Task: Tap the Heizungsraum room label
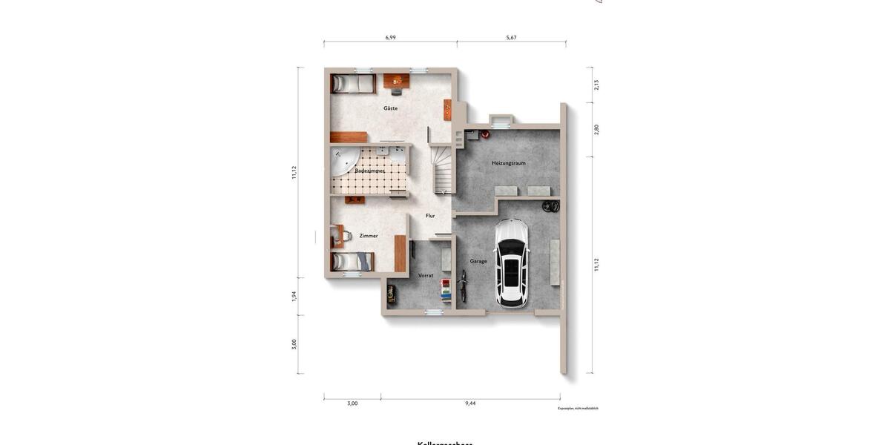pyautogui.click(x=508, y=163)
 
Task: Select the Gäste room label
pyautogui.click(x=390, y=108)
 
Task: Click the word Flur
pyautogui.click(x=430, y=216)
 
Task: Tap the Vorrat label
pyautogui.click(x=426, y=275)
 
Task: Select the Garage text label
pyautogui.click(x=478, y=261)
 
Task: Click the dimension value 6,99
pyautogui.click(x=390, y=37)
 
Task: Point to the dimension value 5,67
pyautogui.click(x=511, y=37)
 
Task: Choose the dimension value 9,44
pyautogui.click(x=470, y=403)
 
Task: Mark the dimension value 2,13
pyautogui.click(x=596, y=85)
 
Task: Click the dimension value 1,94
pyautogui.click(x=294, y=296)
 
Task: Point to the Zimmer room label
pyautogui.click(x=369, y=236)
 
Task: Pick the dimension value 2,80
pyautogui.click(x=596, y=129)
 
